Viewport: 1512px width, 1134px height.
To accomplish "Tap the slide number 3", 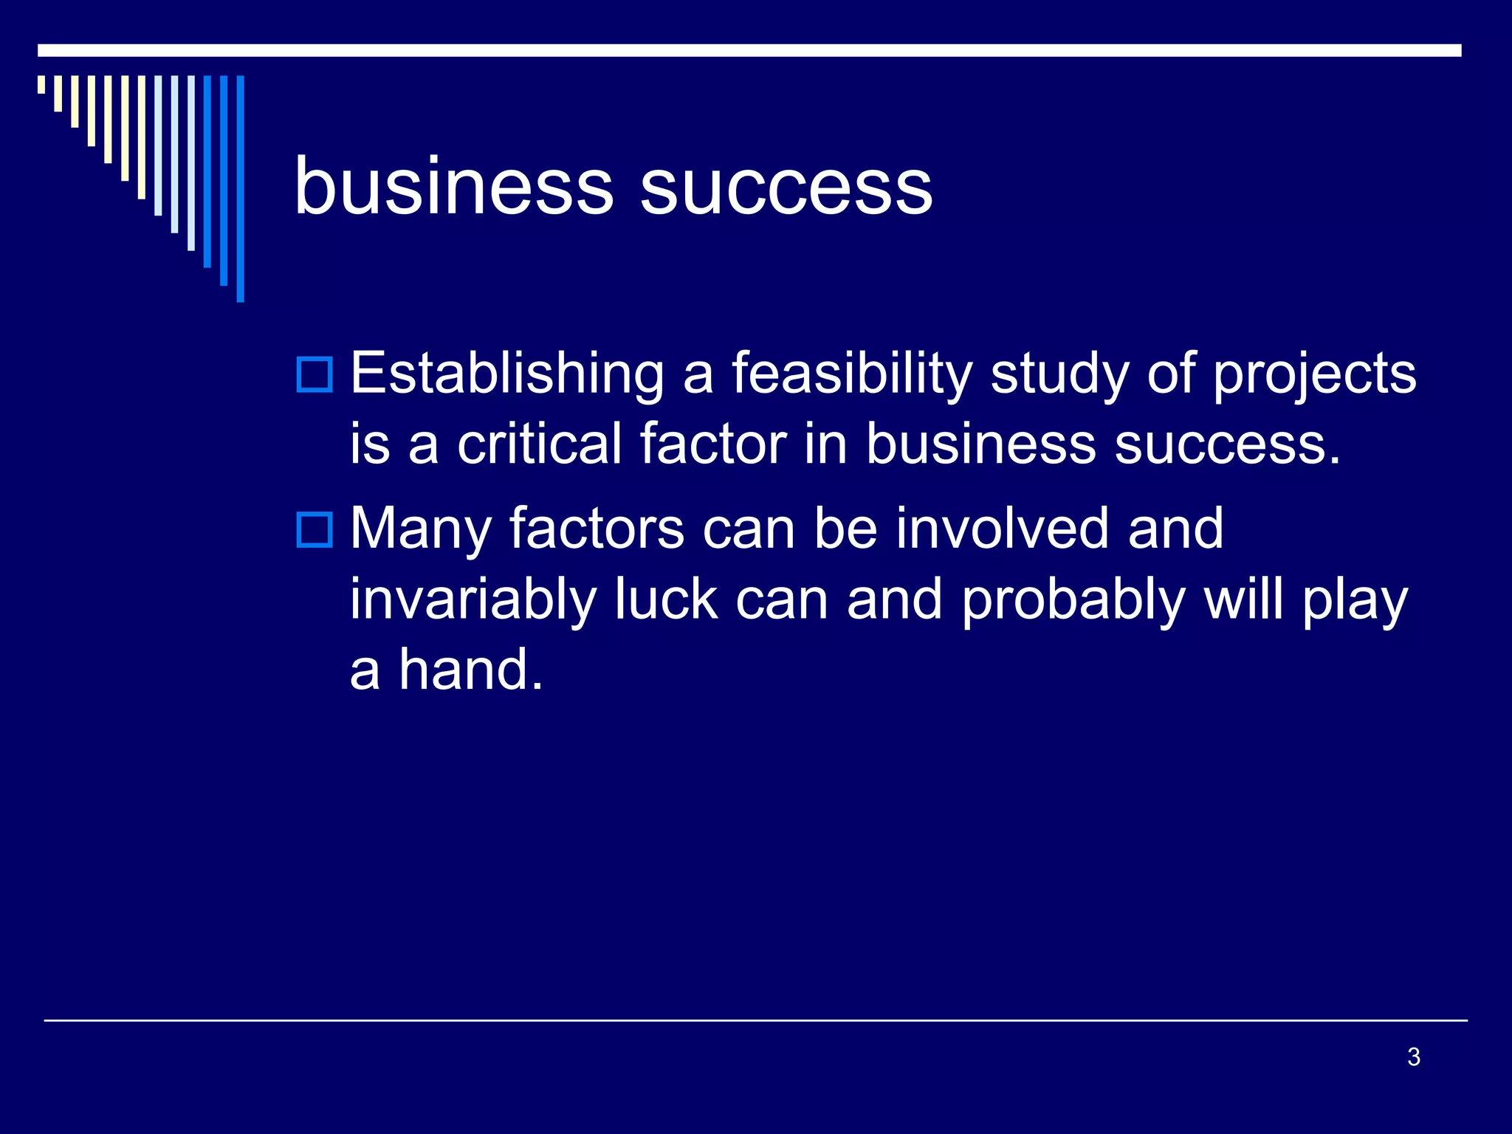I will point(1413,1056).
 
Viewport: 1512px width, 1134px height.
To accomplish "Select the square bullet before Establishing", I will point(315,374).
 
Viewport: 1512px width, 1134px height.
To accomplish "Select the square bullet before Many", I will point(315,529).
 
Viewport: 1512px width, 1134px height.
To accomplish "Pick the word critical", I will point(540,444).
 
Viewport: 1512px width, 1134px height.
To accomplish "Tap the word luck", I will point(666,599).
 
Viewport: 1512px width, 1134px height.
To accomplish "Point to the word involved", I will point(1003,529).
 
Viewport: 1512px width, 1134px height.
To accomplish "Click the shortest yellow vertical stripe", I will point(41,84).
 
